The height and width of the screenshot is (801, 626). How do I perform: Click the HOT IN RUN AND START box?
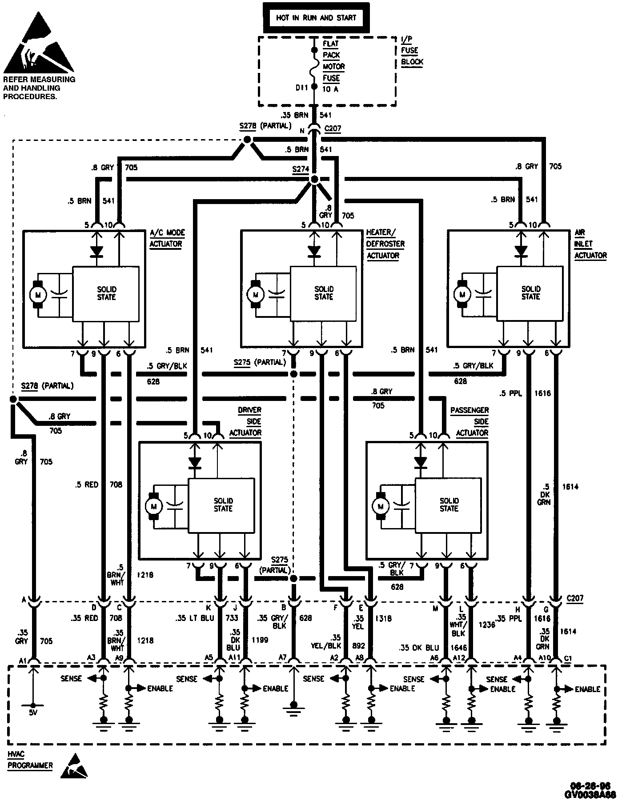coord(316,18)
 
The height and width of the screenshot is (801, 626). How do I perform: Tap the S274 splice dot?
coord(314,180)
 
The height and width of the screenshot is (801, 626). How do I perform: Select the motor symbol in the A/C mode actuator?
coord(37,294)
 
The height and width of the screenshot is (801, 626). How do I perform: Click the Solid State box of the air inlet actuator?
coord(530,293)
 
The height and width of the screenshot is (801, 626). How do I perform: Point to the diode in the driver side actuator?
coord(194,463)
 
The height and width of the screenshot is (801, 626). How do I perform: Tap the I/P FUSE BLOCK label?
coord(412,50)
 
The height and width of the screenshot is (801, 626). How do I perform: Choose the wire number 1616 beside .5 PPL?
coord(542,393)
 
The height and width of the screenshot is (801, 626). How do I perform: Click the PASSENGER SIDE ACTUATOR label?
coord(470,421)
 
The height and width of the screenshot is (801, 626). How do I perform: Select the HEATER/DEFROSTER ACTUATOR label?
coord(385,244)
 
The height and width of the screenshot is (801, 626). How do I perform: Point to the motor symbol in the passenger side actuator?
coord(380,506)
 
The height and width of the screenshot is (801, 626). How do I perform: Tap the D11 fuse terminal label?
coord(301,88)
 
